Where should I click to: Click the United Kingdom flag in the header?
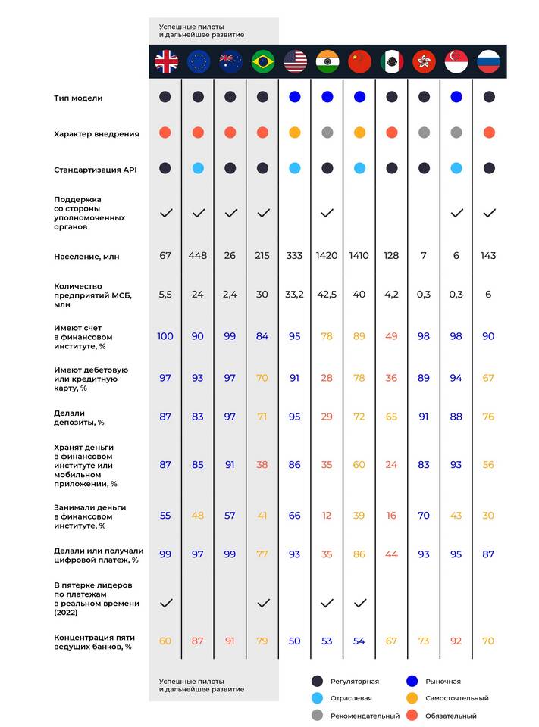(166, 61)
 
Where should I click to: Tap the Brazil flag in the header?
(262, 61)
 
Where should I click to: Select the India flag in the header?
(327, 61)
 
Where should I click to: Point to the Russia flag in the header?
(488, 61)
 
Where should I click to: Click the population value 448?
(198, 256)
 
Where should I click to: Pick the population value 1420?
(327, 256)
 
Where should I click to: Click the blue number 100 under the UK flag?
(165, 335)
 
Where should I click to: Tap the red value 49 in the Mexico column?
(391, 335)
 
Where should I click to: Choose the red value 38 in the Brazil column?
(262, 465)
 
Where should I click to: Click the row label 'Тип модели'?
(78, 98)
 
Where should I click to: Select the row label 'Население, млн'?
(86, 257)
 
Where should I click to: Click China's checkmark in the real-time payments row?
(359, 603)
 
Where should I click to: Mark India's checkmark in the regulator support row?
(327, 214)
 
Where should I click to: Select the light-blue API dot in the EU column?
(198, 168)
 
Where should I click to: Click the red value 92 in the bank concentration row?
(456, 641)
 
